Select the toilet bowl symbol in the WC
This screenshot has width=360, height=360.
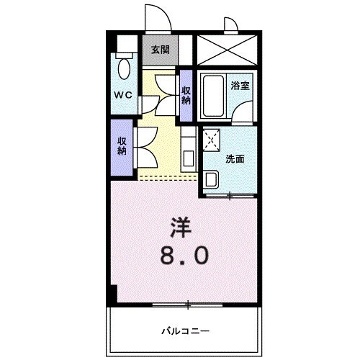[x=125, y=69]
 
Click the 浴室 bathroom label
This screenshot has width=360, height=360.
[x=240, y=85]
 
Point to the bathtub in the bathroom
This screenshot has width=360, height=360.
[x=213, y=97]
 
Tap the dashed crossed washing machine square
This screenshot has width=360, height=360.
[x=212, y=139]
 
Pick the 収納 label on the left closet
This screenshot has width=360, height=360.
[x=122, y=146]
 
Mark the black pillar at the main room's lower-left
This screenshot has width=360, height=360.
[x=112, y=294]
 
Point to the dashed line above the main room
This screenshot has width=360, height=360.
[x=167, y=176]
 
